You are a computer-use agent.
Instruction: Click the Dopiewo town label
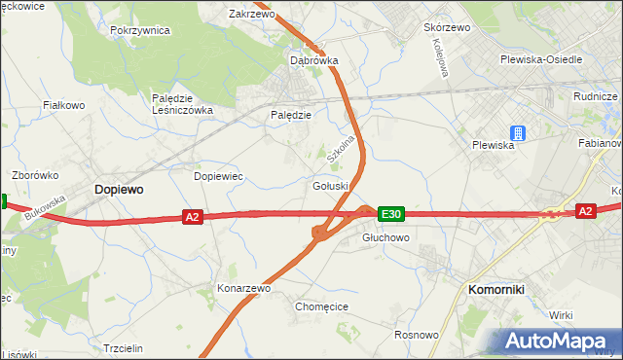pyautogui.click(x=119, y=191)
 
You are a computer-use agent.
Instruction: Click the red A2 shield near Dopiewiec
pyautogui.click(x=192, y=218)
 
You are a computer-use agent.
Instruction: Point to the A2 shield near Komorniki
pyautogui.click(x=585, y=210)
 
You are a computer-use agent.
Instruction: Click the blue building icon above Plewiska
pyautogui.click(x=518, y=133)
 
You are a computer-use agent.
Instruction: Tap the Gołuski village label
pyautogui.click(x=330, y=186)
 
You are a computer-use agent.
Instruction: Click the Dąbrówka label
pyautogui.click(x=314, y=60)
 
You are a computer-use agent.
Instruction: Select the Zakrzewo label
pyautogui.click(x=251, y=15)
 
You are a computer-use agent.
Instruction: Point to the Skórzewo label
pyautogui.click(x=447, y=27)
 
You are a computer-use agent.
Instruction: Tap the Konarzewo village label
pyautogui.click(x=242, y=289)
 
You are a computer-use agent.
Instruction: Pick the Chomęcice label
pyautogui.click(x=321, y=306)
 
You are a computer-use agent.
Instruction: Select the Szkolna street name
pyautogui.click(x=339, y=146)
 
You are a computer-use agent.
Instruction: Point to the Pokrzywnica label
pyautogui.click(x=140, y=30)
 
